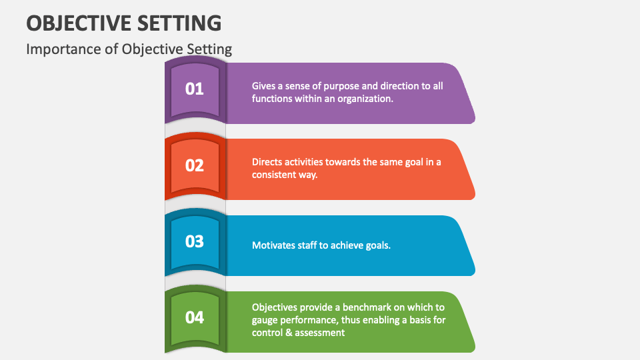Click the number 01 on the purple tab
(194, 89)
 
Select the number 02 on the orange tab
(194, 165)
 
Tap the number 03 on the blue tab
(194, 241)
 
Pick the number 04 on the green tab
(194, 317)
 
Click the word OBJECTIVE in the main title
(79, 23)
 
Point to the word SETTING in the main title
(179, 23)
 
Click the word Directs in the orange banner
(267, 162)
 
